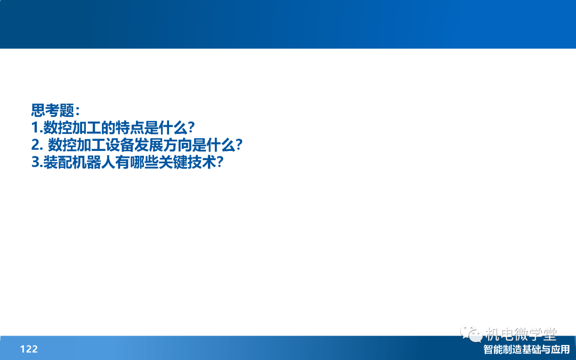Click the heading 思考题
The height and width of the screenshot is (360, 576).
[x=53, y=110]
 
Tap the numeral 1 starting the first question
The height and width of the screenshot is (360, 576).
[x=35, y=128]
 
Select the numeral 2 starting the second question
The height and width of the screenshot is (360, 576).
[x=36, y=145]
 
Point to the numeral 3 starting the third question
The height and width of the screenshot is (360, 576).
[x=36, y=162]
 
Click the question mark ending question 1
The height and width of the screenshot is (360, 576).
[x=190, y=128]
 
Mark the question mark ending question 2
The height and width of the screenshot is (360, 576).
[x=239, y=145]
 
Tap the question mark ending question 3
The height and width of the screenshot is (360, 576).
[x=220, y=162]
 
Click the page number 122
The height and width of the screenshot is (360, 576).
[x=29, y=349]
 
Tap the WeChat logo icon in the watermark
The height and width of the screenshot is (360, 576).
[x=471, y=333]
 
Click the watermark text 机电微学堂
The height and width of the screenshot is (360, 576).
[x=521, y=334]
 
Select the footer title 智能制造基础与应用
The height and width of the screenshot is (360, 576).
[x=526, y=349]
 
